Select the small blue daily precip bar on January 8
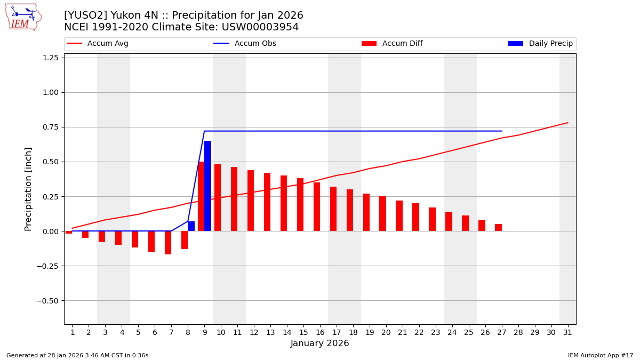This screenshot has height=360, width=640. (x=191, y=226)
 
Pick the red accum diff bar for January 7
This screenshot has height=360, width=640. (x=168, y=243)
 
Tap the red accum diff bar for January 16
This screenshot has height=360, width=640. (x=317, y=207)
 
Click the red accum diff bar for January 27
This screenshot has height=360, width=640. (x=498, y=228)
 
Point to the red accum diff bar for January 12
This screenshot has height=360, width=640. (x=251, y=201)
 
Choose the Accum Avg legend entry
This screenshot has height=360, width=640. (x=98, y=44)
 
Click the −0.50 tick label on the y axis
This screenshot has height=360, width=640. (x=46, y=301)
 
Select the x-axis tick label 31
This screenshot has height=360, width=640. (x=567, y=332)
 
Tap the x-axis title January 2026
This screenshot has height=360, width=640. (x=319, y=343)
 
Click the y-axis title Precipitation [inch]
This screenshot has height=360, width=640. (x=29, y=189)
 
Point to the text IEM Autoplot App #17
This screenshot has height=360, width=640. (x=600, y=355)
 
